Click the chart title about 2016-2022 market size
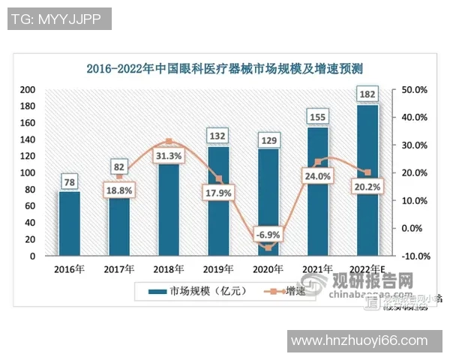225,69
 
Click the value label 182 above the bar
367,94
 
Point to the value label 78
69,181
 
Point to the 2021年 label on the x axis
316,268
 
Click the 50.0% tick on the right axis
414,90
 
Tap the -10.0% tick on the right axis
413,256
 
